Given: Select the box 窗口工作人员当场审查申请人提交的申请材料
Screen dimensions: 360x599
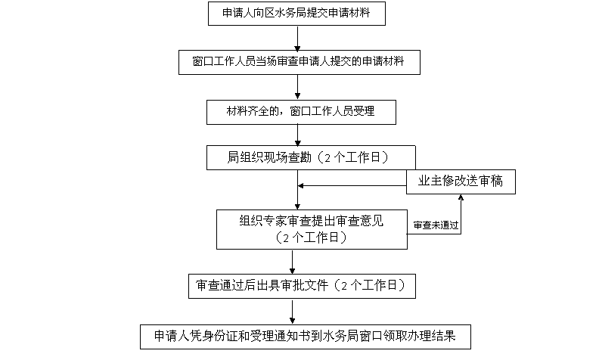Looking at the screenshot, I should point(300,63).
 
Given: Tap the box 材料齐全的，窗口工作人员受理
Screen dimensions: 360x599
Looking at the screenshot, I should point(300,112).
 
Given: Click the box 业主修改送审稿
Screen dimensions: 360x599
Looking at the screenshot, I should point(461,182).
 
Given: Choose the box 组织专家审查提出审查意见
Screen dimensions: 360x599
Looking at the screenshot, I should point(311,229).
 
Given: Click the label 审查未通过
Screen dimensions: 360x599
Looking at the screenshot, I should point(436,226).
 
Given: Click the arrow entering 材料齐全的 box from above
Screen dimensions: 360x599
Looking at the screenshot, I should point(299,88).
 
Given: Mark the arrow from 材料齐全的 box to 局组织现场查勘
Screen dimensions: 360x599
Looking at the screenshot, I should point(299,135).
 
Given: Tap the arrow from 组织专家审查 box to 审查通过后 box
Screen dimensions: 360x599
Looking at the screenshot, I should point(292,261).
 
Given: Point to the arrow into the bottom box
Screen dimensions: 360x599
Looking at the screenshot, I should point(292,312).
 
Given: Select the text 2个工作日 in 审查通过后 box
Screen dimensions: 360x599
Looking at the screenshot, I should point(371,286).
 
